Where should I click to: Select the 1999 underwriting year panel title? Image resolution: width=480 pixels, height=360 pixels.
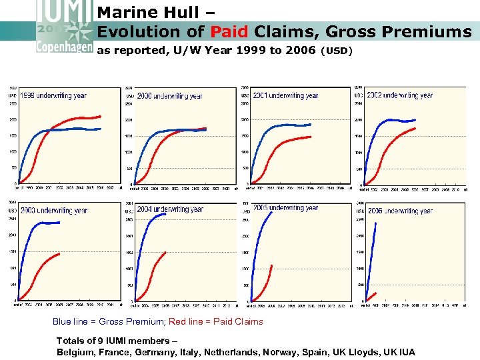[x=53, y=95]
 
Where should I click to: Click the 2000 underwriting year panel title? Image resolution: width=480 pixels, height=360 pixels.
[x=169, y=96]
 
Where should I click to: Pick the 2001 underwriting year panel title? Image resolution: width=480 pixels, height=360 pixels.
[x=285, y=95]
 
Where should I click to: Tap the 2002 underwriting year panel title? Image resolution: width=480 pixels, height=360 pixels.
[x=400, y=95]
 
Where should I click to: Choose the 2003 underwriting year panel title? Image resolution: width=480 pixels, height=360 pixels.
[x=53, y=211]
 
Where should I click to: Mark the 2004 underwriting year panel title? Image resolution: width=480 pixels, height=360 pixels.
[x=169, y=209]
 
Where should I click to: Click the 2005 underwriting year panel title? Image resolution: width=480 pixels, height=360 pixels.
[x=285, y=208]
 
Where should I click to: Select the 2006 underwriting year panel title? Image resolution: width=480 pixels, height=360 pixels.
[x=400, y=211]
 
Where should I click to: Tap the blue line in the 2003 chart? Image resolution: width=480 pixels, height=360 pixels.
[x=40, y=223]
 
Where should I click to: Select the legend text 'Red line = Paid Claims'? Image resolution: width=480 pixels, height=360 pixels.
[x=216, y=321]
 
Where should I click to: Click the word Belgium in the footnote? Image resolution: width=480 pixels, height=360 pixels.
[x=76, y=351]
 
